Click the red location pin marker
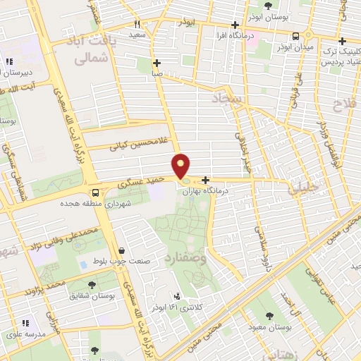click(182, 166)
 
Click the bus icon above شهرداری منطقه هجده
click(95, 192)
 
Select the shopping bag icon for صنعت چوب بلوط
click(122, 250)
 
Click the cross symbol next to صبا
click(157, 62)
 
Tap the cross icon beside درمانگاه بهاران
click(205, 180)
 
